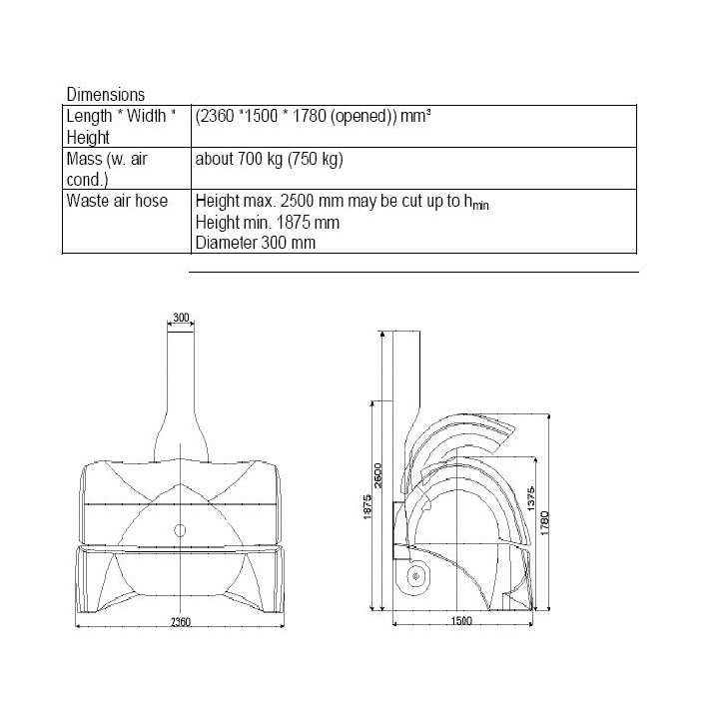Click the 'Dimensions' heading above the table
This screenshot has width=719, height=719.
click(105, 95)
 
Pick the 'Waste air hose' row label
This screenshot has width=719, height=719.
click(116, 200)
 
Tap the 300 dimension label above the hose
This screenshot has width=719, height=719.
click(181, 318)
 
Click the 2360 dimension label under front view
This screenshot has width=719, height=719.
click(180, 622)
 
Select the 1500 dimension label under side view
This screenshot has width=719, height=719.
click(460, 622)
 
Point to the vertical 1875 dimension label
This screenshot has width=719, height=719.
click(368, 506)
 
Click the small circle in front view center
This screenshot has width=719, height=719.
click(180, 529)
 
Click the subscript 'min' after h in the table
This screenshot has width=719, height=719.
click(481, 205)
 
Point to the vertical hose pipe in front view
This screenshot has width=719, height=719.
click(181, 379)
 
